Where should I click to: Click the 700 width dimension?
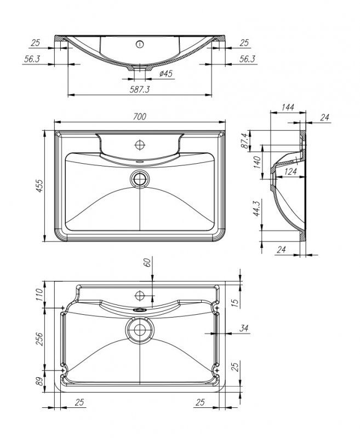[x=140, y=116]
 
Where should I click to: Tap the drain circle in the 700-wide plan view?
[x=141, y=178]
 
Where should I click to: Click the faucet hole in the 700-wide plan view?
[x=140, y=145]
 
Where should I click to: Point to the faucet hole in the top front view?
[x=140, y=43]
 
